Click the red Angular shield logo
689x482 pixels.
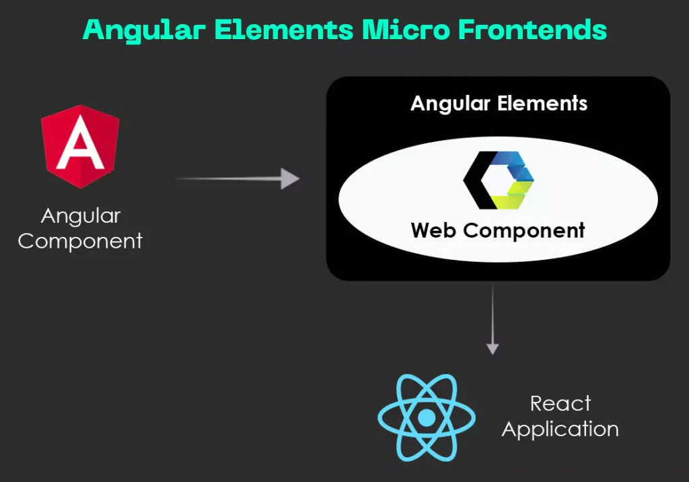[80, 147]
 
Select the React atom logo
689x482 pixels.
[426, 418]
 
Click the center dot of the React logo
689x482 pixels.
[426, 418]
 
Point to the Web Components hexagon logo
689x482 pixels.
[499, 180]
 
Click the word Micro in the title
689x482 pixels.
[406, 30]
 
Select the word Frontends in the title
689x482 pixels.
[533, 30]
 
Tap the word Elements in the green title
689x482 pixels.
[284, 30]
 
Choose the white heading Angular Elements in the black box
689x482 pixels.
[499, 104]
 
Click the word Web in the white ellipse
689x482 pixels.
[433, 230]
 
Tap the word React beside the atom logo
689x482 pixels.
[560, 404]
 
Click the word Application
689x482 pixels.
[560, 429]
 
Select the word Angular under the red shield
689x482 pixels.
[81, 216]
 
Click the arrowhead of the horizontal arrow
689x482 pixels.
[290, 178]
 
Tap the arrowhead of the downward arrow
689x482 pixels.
[493, 349]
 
